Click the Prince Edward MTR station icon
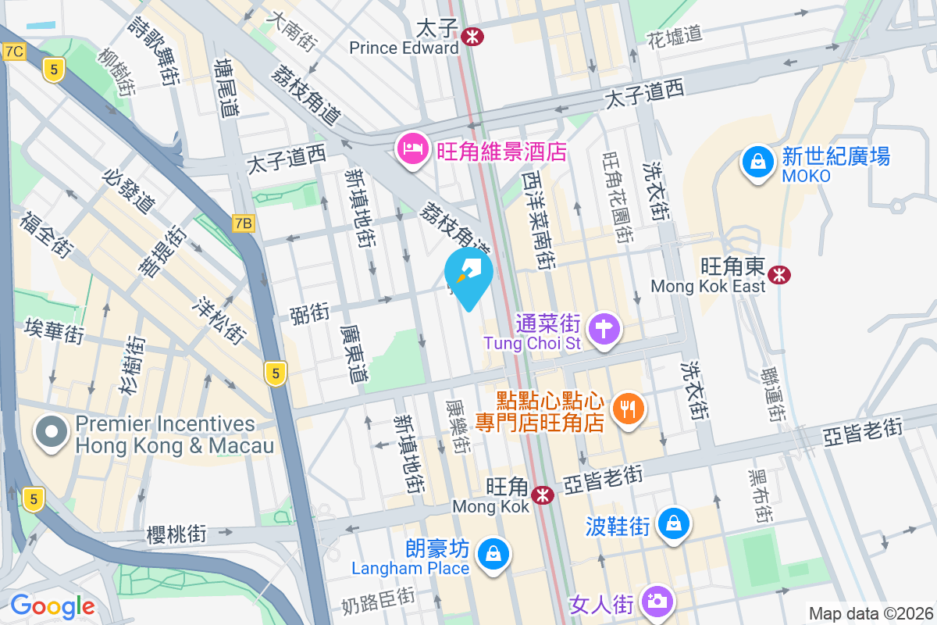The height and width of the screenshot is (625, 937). point(472,35)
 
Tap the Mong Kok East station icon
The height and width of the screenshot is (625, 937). point(778,274)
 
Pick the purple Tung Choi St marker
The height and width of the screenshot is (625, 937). point(604,328)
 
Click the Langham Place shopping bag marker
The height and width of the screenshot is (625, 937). point(493,555)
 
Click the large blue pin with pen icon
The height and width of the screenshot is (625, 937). point(468,276)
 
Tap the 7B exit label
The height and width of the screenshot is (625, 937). point(244,223)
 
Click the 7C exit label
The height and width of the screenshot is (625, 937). point(14,52)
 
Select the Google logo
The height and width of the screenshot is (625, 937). point(52,605)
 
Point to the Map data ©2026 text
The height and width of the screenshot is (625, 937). point(870,613)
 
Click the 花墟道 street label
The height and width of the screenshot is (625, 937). point(675,35)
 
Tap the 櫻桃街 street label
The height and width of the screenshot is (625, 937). point(176,534)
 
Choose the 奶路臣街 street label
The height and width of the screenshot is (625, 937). point(378,602)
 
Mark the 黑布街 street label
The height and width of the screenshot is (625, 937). point(759,496)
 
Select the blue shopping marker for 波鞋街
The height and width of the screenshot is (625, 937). point(672,523)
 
